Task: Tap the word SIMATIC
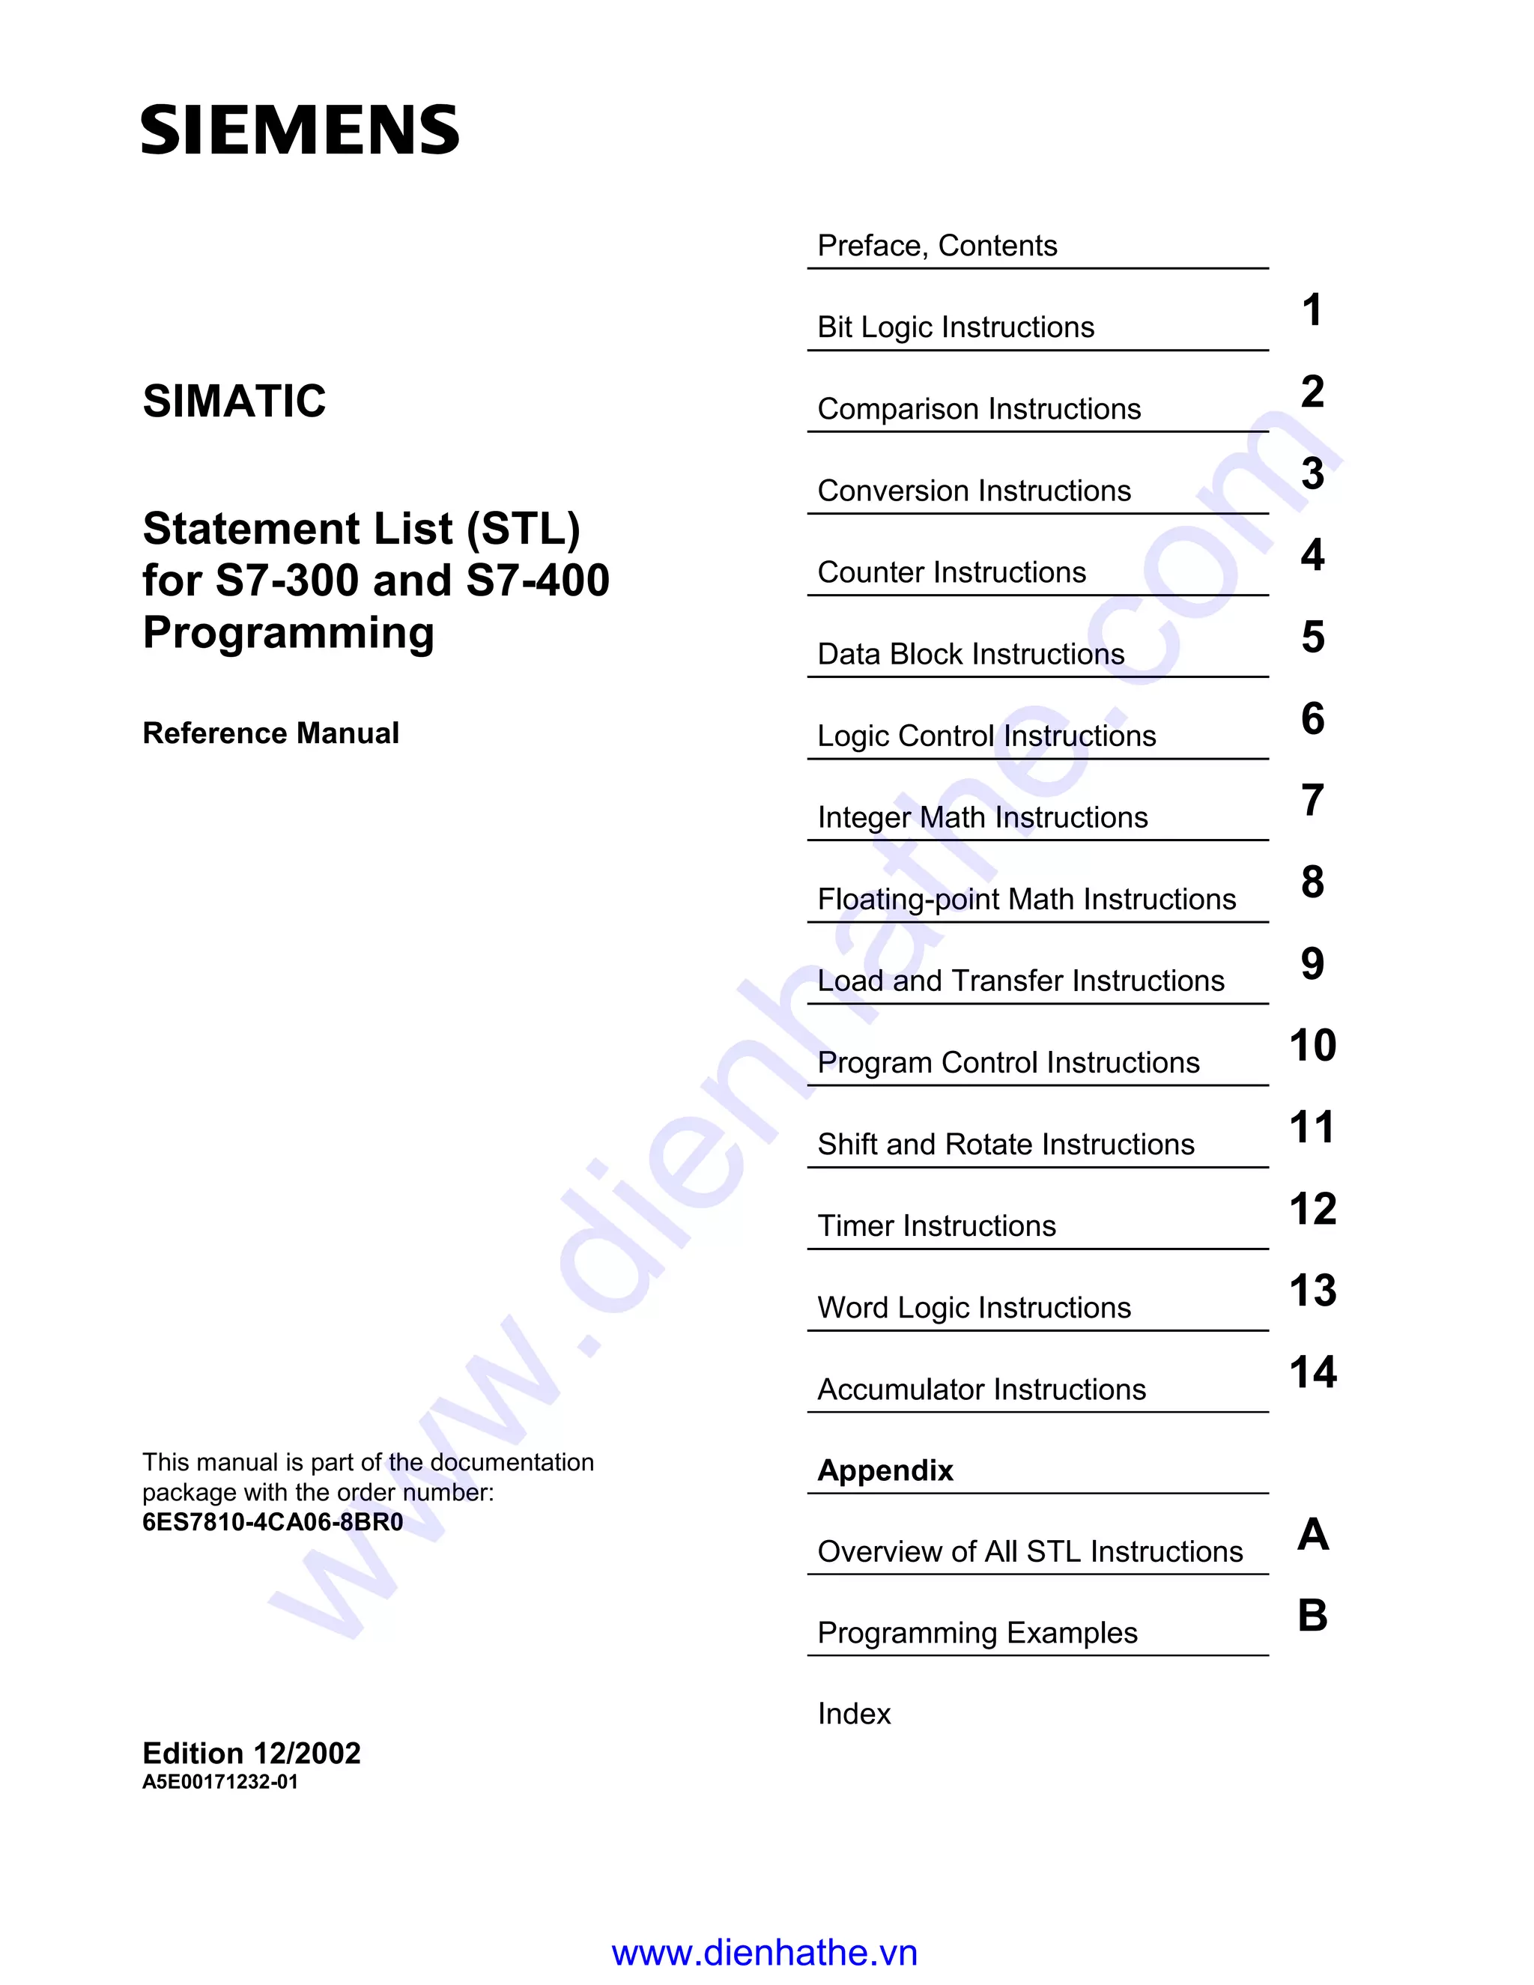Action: coord(234,401)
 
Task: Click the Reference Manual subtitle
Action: coord(271,733)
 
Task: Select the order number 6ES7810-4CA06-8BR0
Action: coord(273,1521)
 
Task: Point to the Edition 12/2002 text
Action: coord(252,1752)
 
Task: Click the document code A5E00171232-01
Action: coord(220,1781)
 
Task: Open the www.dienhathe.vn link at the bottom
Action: coord(764,1952)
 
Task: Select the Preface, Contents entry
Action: coord(937,246)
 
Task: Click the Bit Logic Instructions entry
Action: coord(955,327)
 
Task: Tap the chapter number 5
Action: coord(1312,636)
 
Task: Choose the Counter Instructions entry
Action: coord(951,572)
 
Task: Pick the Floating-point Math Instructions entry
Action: coord(1026,899)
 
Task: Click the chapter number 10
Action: coord(1312,1045)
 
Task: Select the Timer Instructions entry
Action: coord(936,1226)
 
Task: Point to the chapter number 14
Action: coord(1312,1372)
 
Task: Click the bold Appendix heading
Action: coord(885,1470)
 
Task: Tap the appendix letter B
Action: coord(1312,1615)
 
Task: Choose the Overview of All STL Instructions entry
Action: coord(1030,1551)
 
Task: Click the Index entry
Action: coord(853,1713)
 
